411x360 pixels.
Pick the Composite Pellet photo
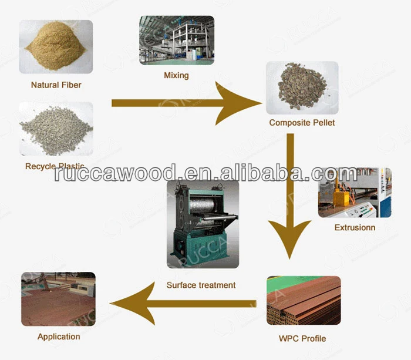click(302, 88)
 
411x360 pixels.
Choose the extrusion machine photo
click(355, 193)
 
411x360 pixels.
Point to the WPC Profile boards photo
click(303, 300)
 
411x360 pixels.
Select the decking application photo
click(58, 299)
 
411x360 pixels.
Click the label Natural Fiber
click(56, 85)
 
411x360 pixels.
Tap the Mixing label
click(176, 75)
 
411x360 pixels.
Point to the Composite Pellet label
click(302, 123)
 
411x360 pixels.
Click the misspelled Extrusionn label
click(355, 227)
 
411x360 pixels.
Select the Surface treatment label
click(201, 285)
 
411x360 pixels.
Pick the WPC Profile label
click(302, 338)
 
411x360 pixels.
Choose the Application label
click(59, 337)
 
